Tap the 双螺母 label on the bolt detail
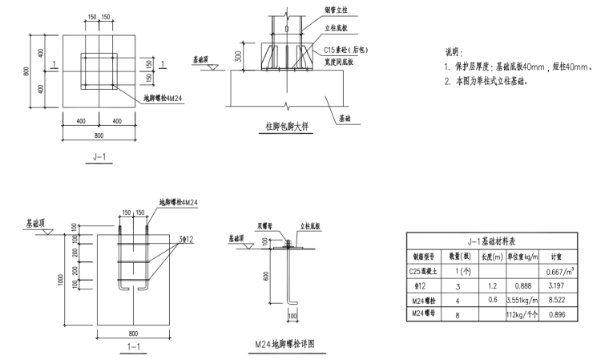[265, 226]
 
